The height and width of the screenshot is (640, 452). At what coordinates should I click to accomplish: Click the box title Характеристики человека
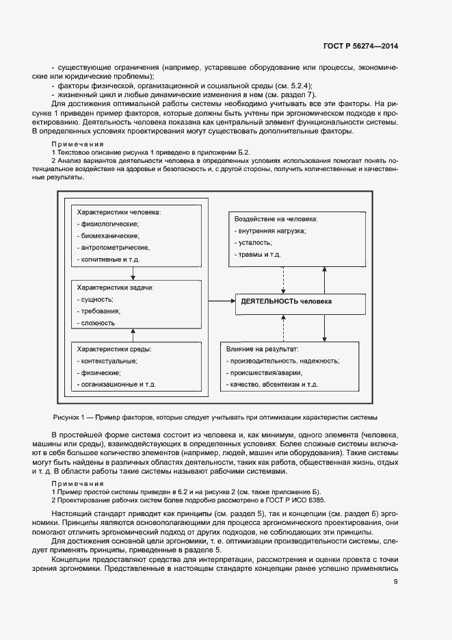coord(118,212)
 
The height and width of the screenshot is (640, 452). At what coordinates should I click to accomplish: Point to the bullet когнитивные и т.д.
coord(112,260)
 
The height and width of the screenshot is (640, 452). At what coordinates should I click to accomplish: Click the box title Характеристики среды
coord(114,349)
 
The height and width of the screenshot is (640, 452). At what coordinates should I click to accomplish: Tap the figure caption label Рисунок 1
coord(68,417)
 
